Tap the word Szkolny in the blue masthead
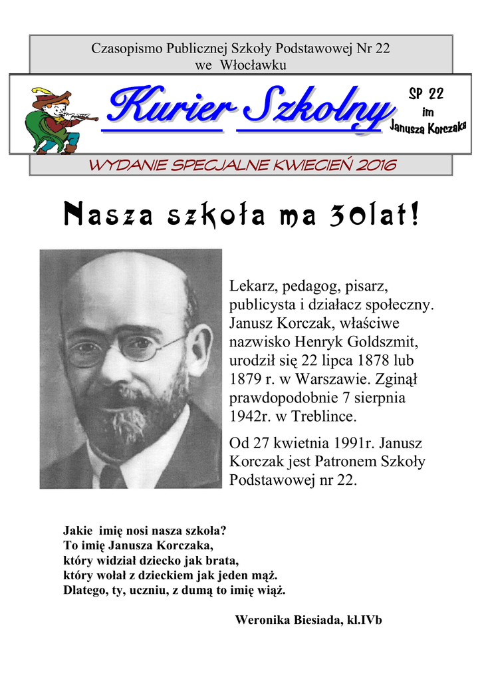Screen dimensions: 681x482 click(x=312, y=110)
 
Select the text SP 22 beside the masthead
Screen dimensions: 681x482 click(x=425, y=94)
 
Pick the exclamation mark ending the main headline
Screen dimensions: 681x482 click(x=415, y=215)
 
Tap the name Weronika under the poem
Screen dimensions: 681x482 click(x=261, y=620)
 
